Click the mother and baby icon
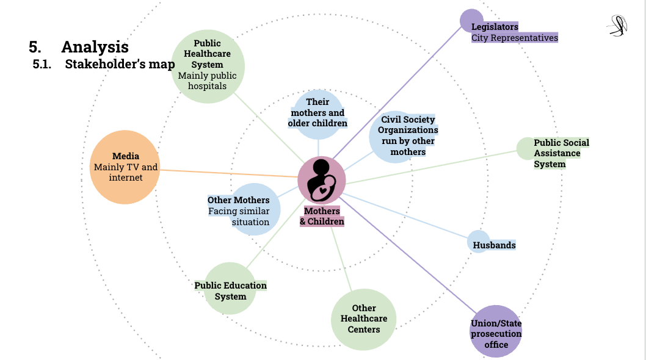click(x=322, y=180)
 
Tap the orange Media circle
click(x=125, y=167)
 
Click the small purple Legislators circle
click(x=471, y=20)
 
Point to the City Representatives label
click(x=514, y=38)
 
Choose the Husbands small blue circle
click(x=478, y=242)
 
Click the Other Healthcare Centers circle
click(x=363, y=319)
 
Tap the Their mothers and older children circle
click(x=318, y=112)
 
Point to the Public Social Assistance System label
click(x=561, y=153)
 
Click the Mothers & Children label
click(x=322, y=217)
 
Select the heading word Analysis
click(x=95, y=47)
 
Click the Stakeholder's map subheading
click(x=120, y=64)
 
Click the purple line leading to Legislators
click(x=397, y=92)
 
